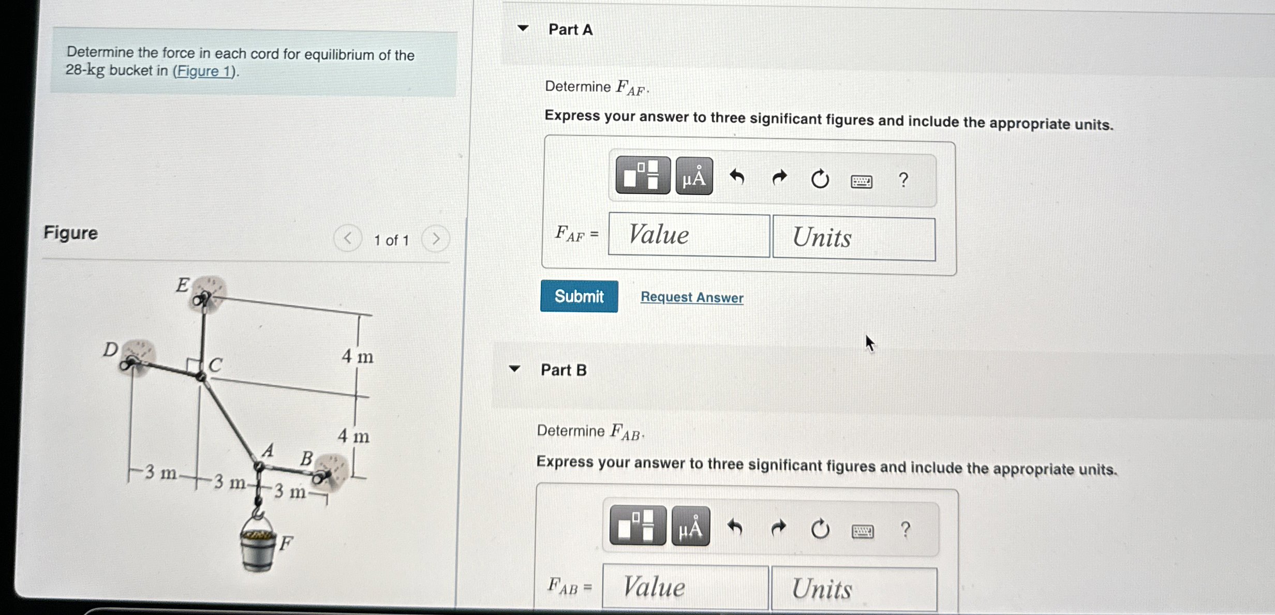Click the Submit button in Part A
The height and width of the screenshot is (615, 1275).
(x=579, y=296)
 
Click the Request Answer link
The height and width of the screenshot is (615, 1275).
(x=692, y=297)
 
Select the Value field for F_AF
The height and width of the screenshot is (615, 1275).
(x=689, y=235)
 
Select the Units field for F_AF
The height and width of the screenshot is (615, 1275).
(x=854, y=238)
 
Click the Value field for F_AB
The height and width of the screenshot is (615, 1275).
(x=685, y=587)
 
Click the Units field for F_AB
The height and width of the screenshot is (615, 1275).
(x=854, y=589)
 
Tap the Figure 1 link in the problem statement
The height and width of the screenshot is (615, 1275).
(x=204, y=71)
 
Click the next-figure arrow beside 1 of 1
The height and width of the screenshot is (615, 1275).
(x=436, y=239)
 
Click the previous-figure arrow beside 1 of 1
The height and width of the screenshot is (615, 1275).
(x=347, y=238)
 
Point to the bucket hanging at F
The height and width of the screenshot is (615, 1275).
(x=258, y=548)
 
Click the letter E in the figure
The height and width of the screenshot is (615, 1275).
(x=182, y=285)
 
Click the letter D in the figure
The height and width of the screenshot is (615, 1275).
(x=110, y=350)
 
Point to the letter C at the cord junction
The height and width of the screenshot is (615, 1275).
(x=215, y=365)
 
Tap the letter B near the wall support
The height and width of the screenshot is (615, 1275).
(x=307, y=458)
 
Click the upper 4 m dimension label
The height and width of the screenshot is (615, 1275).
(x=357, y=356)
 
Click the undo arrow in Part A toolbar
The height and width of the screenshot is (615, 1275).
(x=737, y=178)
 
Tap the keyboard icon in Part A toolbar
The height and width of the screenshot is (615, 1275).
(x=862, y=181)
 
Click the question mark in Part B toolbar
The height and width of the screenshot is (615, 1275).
(x=905, y=530)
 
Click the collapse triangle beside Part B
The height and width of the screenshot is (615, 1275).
(x=514, y=369)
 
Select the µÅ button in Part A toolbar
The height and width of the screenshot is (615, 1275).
(x=694, y=177)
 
